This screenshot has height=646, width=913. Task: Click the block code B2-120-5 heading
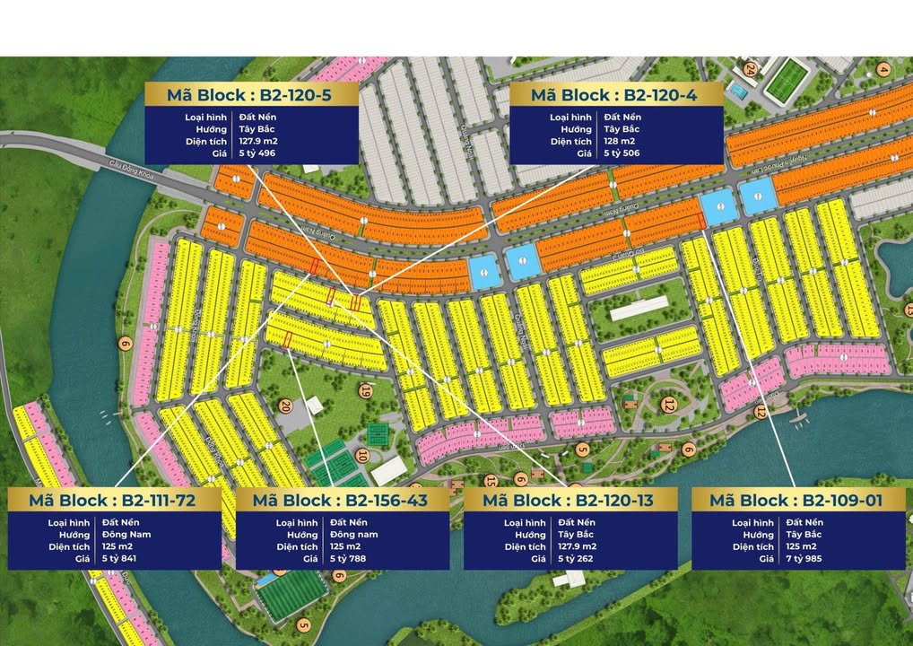click(251, 95)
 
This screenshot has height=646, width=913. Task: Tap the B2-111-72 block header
click(112, 501)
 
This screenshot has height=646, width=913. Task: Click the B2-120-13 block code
click(570, 501)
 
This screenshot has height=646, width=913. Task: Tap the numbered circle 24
click(751, 68)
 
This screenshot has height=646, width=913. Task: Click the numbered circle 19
click(366, 390)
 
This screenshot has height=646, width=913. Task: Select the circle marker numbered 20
click(285, 406)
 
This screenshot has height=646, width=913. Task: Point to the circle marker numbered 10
click(362, 455)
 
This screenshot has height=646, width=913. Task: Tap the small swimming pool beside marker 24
click(737, 92)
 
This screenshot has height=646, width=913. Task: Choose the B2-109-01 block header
click(794, 501)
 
